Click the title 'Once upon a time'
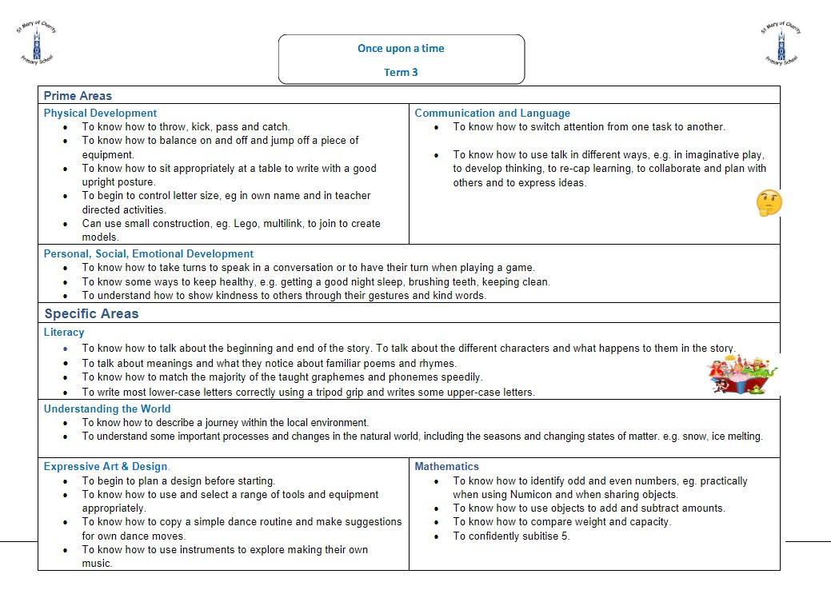click(401, 48)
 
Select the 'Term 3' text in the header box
click(401, 72)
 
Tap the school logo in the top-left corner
click(36, 43)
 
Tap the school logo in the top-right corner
click(781, 43)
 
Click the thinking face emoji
click(769, 202)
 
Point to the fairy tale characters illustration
click(742, 374)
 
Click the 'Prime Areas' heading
click(78, 96)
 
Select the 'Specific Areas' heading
click(91, 313)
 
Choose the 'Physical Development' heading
click(100, 114)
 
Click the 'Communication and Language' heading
click(492, 114)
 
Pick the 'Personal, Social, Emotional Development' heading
click(148, 254)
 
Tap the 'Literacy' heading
click(64, 332)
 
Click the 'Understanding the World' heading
click(107, 409)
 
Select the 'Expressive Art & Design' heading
click(106, 466)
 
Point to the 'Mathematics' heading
click(446, 466)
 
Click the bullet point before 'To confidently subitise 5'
click(437, 536)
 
